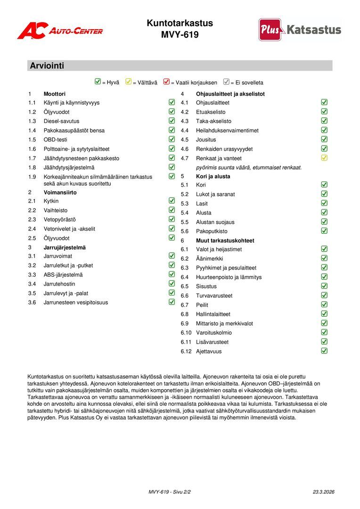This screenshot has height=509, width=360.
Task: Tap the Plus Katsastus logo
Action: pos(300,30)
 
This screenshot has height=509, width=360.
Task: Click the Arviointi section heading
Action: pos(47,66)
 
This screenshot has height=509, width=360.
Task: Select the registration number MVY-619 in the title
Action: pos(180,35)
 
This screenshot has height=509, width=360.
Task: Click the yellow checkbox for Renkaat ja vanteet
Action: pos(324,158)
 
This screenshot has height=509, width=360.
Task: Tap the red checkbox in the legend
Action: pos(166,82)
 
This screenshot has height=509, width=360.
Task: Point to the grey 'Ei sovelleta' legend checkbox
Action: pos(226,82)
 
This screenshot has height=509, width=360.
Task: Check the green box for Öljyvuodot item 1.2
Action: pos(172,112)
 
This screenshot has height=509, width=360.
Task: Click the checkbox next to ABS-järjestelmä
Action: pos(172,274)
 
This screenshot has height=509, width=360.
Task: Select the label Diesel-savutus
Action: pos(61,121)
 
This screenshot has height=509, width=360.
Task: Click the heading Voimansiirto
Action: pos(60,192)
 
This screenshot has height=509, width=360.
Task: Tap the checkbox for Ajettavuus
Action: pos(324,351)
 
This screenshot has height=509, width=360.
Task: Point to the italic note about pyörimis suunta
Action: pos(249,167)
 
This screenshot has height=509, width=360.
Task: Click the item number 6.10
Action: pos(187,333)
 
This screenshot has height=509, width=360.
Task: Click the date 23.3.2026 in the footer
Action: pos(323,492)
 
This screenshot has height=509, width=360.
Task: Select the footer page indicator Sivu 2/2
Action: pos(181,492)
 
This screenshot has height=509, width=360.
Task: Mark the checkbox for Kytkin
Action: pos(172,201)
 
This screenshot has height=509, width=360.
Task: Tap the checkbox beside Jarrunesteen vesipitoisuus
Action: pos(172,302)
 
